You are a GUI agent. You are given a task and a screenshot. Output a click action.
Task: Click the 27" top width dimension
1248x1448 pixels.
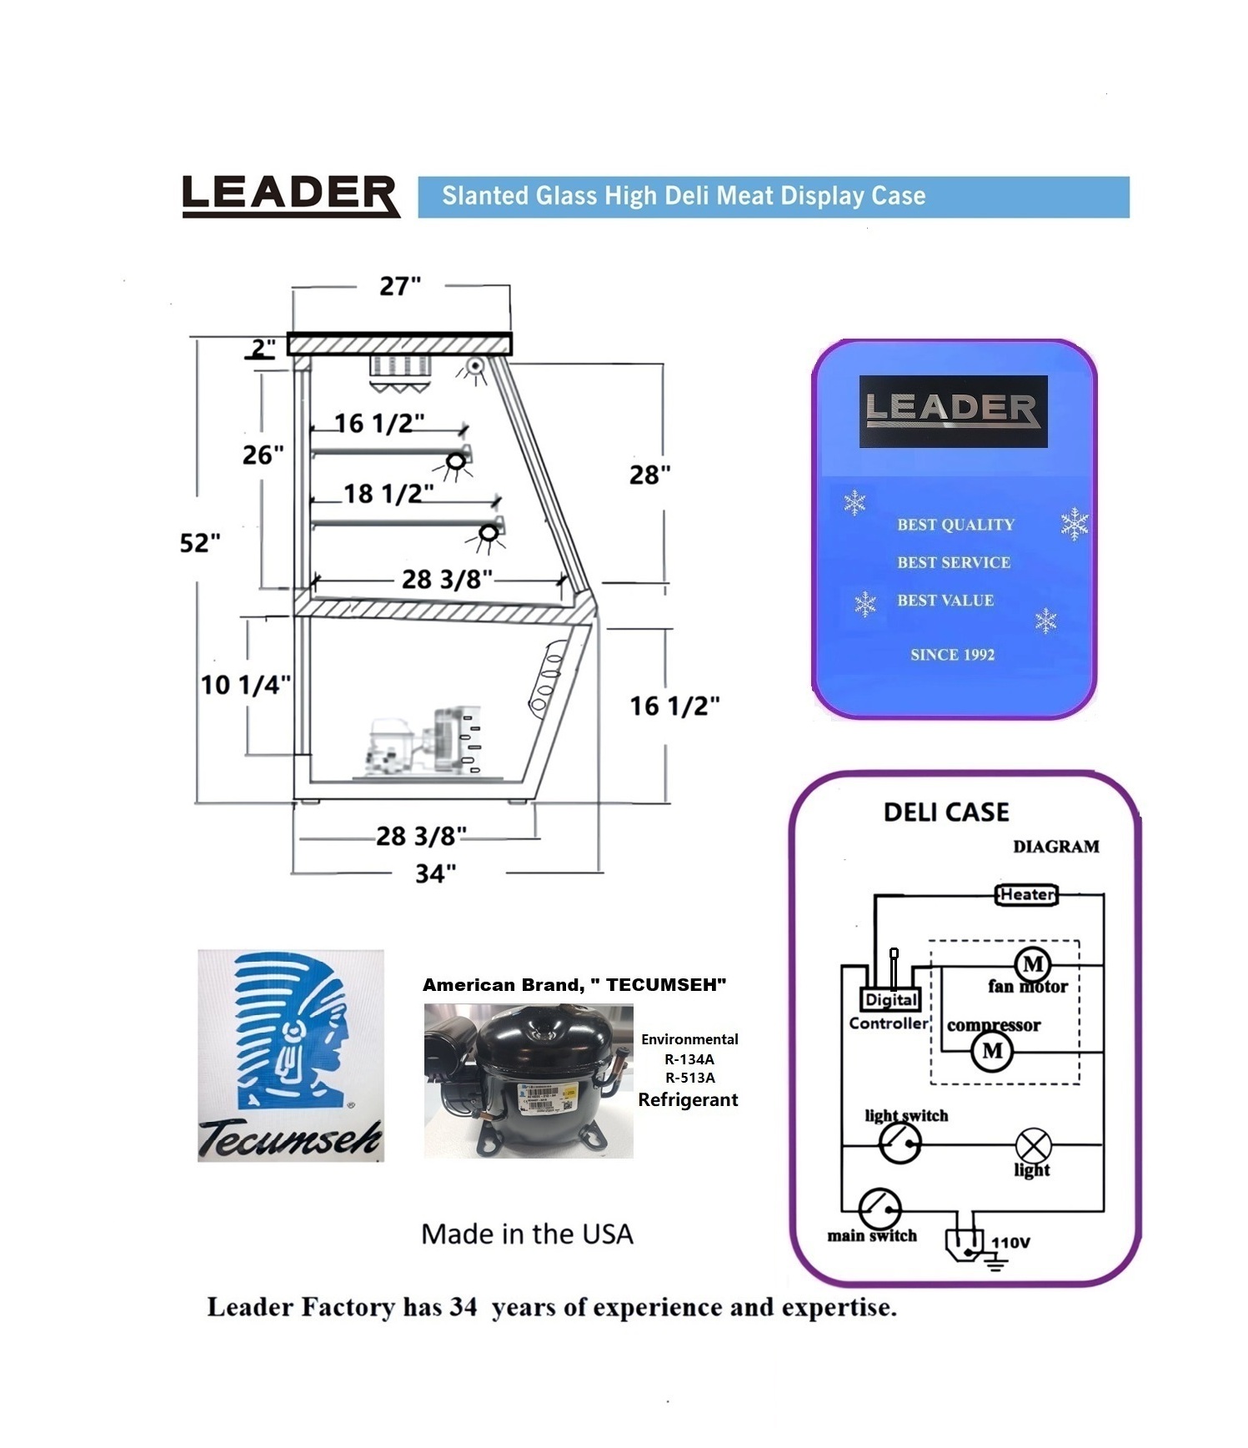click(400, 286)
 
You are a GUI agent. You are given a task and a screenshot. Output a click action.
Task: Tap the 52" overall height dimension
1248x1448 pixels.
click(200, 543)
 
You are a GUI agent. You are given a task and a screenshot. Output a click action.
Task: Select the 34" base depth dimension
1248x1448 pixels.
click(435, 873)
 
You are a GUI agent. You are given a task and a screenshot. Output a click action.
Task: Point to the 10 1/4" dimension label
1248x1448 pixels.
click(245, 685)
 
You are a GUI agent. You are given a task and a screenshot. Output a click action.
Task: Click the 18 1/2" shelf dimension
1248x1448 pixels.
click(388, 494)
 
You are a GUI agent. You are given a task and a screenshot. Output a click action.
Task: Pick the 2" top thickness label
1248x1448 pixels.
click(263, 348)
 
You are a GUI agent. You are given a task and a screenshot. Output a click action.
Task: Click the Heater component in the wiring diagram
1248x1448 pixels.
click(1027, 895)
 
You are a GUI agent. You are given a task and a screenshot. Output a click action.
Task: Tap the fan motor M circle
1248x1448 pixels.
click(1033, 964)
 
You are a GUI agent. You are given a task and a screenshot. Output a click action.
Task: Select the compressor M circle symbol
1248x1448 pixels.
click(992, 1051)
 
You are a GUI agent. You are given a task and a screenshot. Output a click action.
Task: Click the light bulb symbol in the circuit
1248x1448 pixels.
click(1033, 1145)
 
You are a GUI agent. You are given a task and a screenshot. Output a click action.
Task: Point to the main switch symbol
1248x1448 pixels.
click(880, 1208)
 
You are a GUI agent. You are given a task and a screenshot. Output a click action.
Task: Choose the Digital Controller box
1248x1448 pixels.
click(890, 999)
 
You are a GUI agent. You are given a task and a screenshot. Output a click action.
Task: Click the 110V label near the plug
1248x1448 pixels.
click(1010, 1243)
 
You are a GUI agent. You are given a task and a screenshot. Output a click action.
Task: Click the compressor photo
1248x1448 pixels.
click(528, 1080)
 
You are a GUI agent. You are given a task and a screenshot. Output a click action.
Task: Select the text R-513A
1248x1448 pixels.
click(689, 1078)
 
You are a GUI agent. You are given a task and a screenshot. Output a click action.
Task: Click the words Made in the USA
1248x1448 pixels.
click(527, 1234)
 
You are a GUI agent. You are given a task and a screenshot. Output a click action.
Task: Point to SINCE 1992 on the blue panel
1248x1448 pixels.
click(952, 655)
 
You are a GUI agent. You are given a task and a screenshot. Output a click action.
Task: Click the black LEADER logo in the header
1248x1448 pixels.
click(289, 196)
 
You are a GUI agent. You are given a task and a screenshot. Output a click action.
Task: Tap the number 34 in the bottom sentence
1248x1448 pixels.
click(463, 1307)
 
